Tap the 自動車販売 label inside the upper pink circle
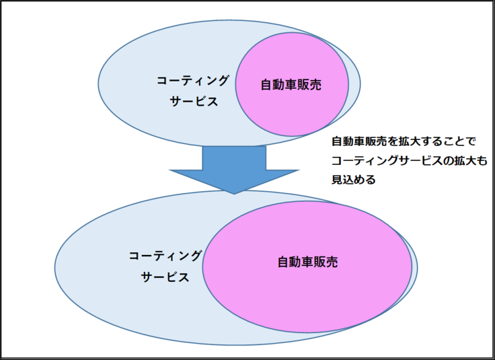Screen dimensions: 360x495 click(x=291, y=85)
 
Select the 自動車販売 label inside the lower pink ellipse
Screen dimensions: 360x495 click(x=307, y=262)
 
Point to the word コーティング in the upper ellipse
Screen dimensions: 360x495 click(x=192, y=81)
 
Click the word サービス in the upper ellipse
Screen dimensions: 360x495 click(x=193, y=102)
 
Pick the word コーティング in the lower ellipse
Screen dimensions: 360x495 click(x=165, y=256)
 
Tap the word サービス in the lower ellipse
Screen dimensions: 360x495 click(x=165, y=277)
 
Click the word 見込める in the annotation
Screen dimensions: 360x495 click(x=352, y=180)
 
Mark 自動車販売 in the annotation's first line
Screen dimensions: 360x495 click(x=356, y=142)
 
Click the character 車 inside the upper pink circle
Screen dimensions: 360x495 click(x=291, y=85)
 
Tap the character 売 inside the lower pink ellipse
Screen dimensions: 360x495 click(x=331, y=262)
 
